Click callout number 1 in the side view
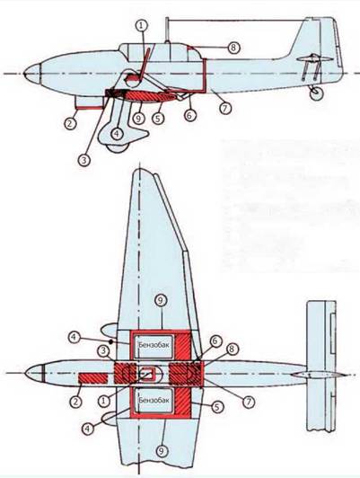[x=141, y=26]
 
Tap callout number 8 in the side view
[x=233, y=48]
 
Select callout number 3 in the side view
[x=84, y=160]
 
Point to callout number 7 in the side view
[x=225, y=108]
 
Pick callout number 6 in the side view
[x=190, y=115]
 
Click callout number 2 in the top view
[x=75, y=401]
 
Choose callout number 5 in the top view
[x=216, y=406]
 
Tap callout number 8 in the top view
[x=233, y=350]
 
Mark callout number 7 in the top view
[x=249, y=402]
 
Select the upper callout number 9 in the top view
[x=161, y=300]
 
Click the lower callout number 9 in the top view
[x=162, y=450]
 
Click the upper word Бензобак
[x=154, y=345]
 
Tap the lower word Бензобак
[x=154, y=400]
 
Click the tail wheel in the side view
[x=316, y=93]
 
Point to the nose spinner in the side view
[x=32, y=74]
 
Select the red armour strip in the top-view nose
[x=93, y=378]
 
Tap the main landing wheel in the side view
[x=118, y=147]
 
